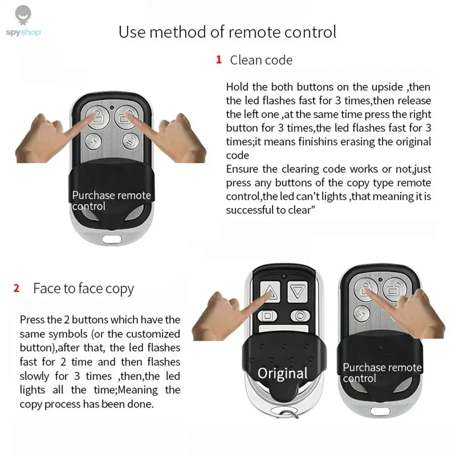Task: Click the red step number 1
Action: (x=218, y=60)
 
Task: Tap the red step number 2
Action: (x=16, y=288)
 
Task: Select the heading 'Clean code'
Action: (x=261, y=60)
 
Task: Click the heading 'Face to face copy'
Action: (x=83, y=289)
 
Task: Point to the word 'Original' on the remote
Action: (x=282, y=373)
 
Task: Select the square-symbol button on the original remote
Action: (x=268, y=316)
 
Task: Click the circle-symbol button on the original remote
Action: (x=300, y=316)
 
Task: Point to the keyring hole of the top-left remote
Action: (x=111, y=238)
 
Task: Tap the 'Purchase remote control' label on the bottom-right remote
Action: (x=382, y=373)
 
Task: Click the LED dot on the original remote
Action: (x=284, y=276)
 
